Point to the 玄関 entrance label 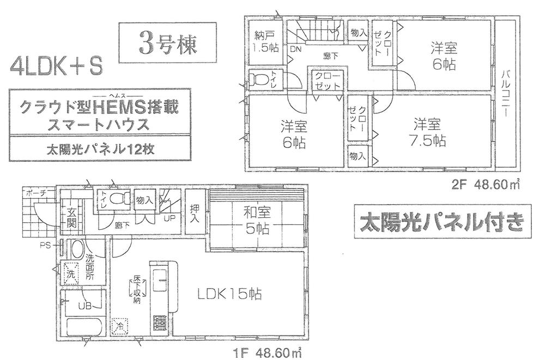(x=72, y=217)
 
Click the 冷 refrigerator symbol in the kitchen (x=120, y=327)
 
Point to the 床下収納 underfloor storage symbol (x=137, y=289)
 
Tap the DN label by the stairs (x=296, y=48)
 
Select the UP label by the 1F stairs (x=170, y=219)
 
